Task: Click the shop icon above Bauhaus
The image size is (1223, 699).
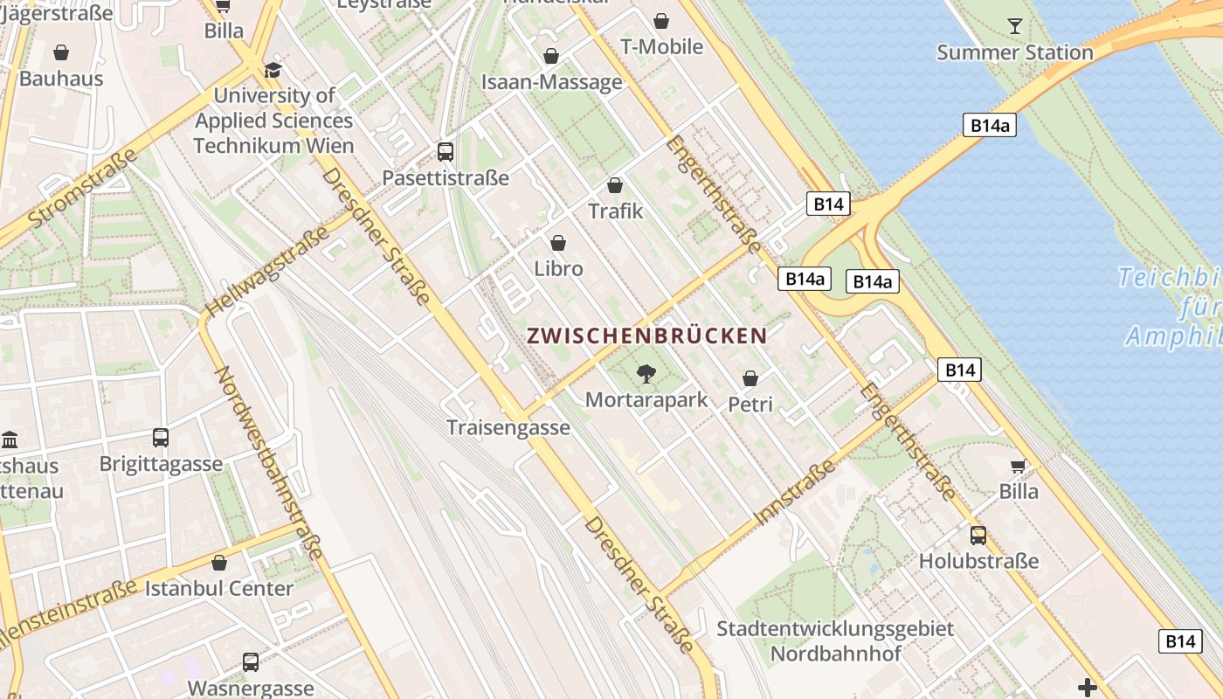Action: pyautogui.click(x=61, y=52)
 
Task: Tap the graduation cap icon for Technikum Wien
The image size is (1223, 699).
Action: pyautogui.click(x=273, y=70)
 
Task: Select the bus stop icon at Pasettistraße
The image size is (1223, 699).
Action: pyautogui.click(x=446, y=152)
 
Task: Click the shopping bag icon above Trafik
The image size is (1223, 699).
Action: pyautogui.click(x=615, y=185)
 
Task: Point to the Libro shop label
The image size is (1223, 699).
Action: pyautogui.click(x=558, y=268)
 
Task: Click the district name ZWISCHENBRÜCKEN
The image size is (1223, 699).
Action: pyautogui.click(x=646, y=336)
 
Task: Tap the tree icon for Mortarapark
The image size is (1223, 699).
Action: pyautogui.click(x=646, y=374)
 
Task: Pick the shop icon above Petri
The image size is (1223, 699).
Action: pyautogui.click(x=750, y=378)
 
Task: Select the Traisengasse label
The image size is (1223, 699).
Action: pyautogui.click(x=508, y=427)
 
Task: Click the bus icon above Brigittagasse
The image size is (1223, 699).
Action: pyautogui.click(x=161, y=437)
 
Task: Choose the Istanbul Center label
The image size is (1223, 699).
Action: pyautogui.click(x=218, y=588)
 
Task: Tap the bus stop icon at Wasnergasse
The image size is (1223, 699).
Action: pyautogui.click(x=251, y=662)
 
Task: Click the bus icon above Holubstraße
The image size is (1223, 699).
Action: pyautogui.click(x=978, y=535)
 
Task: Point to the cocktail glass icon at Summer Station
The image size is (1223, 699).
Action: pyautogui.click(x=1014, y=25)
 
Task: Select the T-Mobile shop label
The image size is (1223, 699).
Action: pyautogui.click(x=661, y=46)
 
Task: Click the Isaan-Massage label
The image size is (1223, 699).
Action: pyautogui.click(x=552, y=82)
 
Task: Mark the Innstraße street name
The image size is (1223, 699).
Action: pyautogui.click(x=794, y=492)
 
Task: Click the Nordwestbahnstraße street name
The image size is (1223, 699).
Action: pyautogui.click(x=269, y=462)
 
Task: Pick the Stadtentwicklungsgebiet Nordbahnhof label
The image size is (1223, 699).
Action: pyautogui.click(x=835, y=640)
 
